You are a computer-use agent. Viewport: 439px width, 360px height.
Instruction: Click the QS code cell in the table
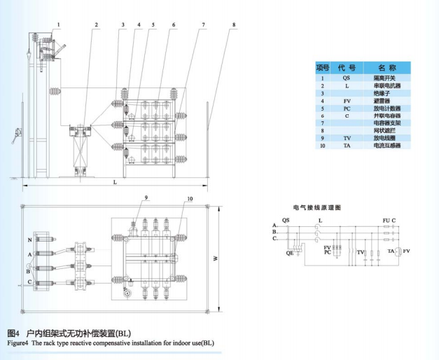coord(347,78)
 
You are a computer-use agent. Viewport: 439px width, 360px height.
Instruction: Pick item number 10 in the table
coord(322,146)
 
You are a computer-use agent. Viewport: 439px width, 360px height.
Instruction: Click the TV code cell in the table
coord(347,138)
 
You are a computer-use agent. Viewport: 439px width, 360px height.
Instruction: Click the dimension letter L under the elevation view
coord(115,181)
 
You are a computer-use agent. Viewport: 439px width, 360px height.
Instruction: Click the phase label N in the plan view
coord(29,240)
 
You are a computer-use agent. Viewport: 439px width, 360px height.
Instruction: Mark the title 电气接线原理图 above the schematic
coord(316,208)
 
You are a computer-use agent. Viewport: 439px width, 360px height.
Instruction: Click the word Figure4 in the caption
coord(18,342)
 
